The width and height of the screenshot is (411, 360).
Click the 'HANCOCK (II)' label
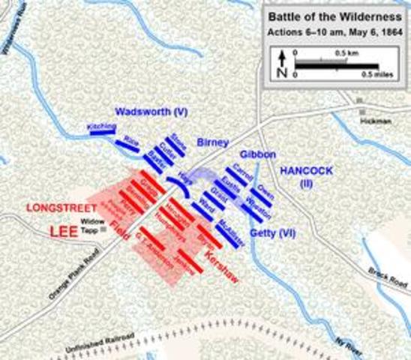302,175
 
